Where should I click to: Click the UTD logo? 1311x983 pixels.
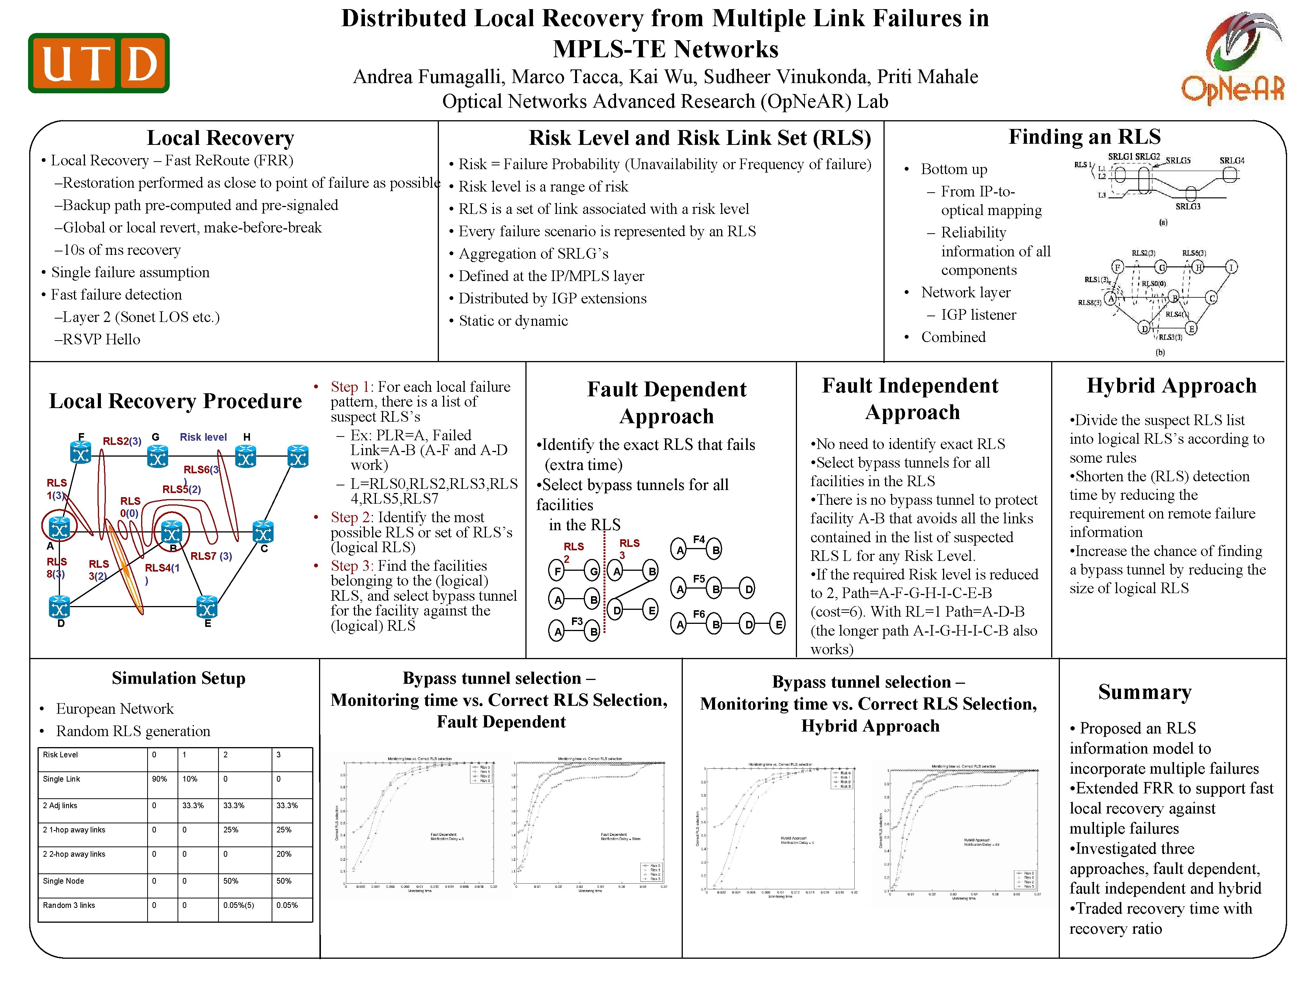99,63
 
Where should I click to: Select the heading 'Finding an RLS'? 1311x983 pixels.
1084,137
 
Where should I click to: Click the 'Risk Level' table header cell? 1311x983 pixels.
60,755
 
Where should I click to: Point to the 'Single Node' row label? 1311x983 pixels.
63,881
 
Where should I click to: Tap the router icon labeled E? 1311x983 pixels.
207,607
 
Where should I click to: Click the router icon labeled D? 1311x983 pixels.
59,607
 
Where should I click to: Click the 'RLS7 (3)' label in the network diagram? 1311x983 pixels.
211,556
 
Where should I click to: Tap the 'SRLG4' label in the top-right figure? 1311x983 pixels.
1232,160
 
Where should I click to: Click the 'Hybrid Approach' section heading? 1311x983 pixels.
1171,386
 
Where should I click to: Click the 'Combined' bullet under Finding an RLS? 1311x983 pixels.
953,337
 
